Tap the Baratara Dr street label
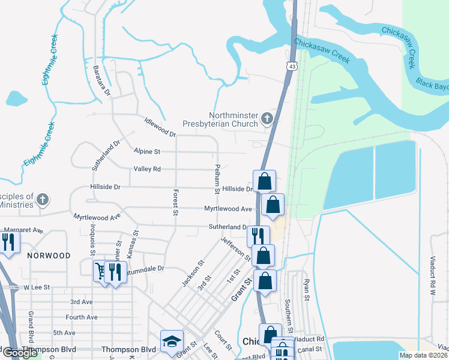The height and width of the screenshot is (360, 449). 101,81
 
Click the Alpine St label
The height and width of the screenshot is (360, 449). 147,152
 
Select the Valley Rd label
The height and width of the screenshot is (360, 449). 147,169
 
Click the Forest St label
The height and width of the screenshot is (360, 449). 175,202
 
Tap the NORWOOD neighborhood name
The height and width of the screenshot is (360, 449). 49,256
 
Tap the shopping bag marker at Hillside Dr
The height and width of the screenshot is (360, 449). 264,180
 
